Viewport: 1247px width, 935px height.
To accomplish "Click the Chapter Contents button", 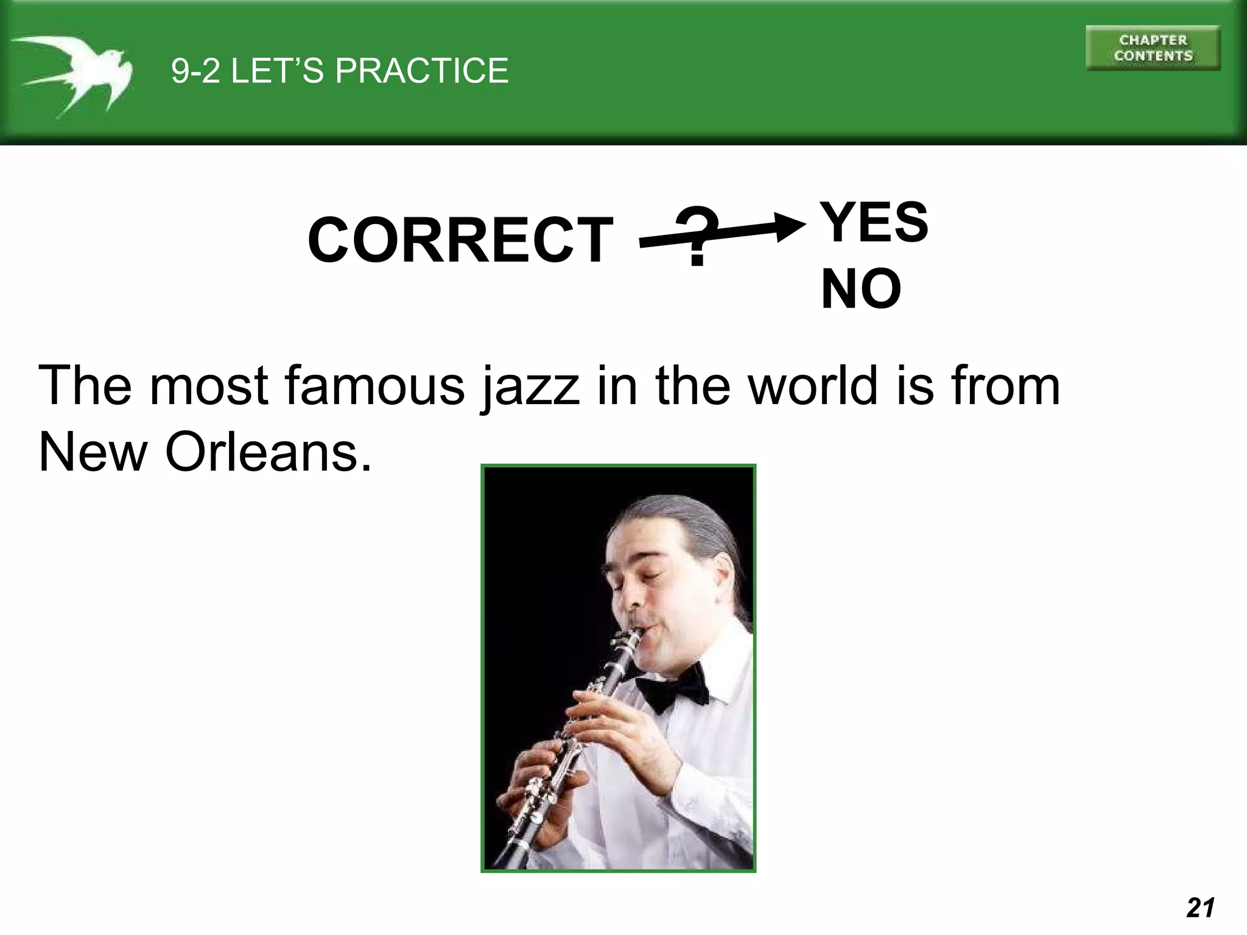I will [x=1153, y=48].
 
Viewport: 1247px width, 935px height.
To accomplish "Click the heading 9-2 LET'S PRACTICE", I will [x=339, y=71].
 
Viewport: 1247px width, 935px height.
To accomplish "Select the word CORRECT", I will [x=460, y=240].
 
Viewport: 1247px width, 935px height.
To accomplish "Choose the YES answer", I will [x=874, y=222].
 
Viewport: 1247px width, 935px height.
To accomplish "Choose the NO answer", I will [x=860, y=289].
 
